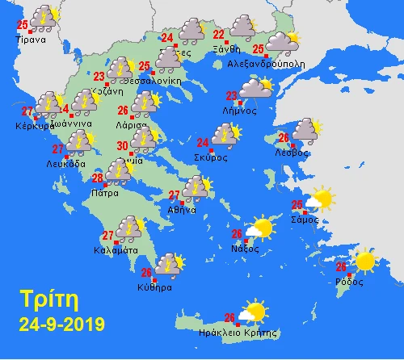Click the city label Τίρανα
point(38,36)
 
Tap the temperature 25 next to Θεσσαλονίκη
point(144,65)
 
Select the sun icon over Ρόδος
point(364,261)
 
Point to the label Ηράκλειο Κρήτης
point(242,332)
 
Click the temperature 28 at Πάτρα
point(96,178)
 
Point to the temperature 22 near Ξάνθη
point(218,35)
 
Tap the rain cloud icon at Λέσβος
point(305,130)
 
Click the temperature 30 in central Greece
point(121,145)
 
